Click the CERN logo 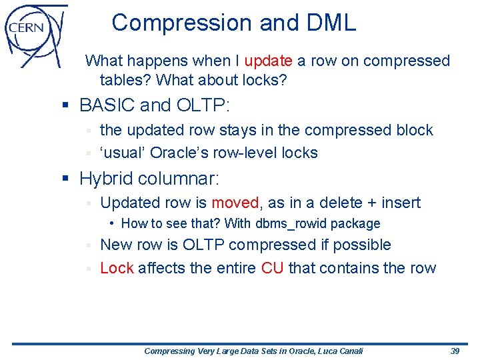point(35,33)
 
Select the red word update point(268,61)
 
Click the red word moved point(235,203)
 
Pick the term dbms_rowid point(291,224)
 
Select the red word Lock point(117,269)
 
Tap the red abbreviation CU point(273,269)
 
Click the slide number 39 point(455,351)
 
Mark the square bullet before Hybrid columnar point(64,179)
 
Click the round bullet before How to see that point(114,224)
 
